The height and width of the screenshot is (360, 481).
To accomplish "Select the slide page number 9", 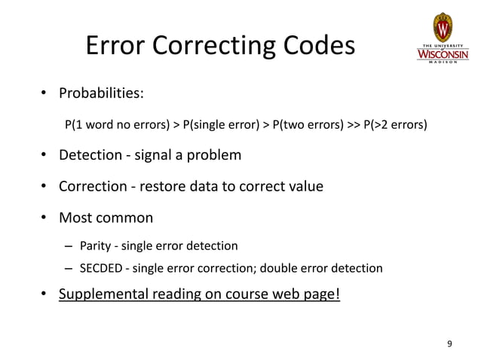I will (450, 344).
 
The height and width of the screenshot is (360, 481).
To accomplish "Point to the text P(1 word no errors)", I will (118, 124).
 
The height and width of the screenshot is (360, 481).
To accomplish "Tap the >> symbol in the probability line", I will (353, 124).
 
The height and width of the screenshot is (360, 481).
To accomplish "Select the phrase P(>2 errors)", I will (395, 124).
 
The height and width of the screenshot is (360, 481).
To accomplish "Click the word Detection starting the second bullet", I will (90, 156).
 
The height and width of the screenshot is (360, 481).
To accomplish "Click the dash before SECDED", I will (69, 268).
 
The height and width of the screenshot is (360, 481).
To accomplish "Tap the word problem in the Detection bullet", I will (214, 156).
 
